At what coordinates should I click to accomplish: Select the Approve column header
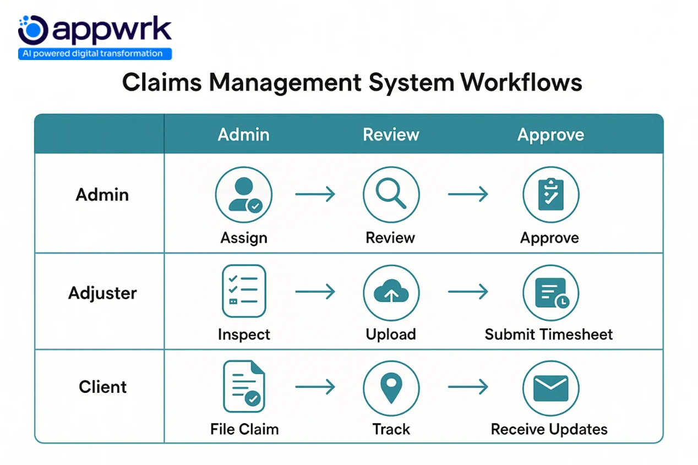click(550, 135)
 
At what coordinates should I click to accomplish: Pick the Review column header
click(391, 135)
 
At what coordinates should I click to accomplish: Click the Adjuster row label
click(102, 293)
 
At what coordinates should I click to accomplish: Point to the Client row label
click(102, 387)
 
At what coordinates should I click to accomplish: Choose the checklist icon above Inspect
click(244, 291)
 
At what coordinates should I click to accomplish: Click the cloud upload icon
click(391, 292)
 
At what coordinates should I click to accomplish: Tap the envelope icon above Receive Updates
click(550, 388)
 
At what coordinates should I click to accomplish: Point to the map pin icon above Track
click(391, 388)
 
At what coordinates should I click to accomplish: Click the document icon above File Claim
click(244, 386)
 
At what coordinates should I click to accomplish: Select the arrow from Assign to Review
click(315, 194)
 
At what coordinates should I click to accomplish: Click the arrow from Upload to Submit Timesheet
click(468, 291)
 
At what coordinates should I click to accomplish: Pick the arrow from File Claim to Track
click(315, 387)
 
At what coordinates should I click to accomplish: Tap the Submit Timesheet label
click(548, 335)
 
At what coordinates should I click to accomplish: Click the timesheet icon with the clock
click(550, 292)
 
